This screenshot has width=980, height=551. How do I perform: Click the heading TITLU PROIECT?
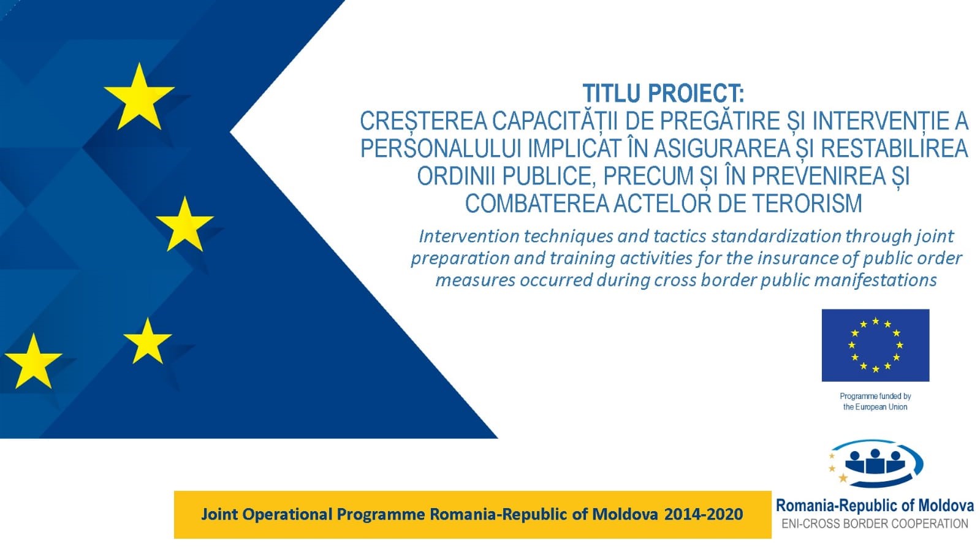(663, 93)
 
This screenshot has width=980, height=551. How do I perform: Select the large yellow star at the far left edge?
(33, 362)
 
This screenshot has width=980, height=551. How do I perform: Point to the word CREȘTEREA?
(424, 121)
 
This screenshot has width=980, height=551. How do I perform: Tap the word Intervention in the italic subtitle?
(469, 237)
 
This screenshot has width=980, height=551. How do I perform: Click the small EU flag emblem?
(875, 345)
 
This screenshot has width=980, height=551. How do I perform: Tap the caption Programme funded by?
(875, 396)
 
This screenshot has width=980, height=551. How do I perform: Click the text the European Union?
(875, 407)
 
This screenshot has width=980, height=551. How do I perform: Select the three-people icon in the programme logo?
(875, 462)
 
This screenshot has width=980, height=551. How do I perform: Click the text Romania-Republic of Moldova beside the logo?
(875, 506)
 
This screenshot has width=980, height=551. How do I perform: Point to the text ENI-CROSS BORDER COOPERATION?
(875, 523)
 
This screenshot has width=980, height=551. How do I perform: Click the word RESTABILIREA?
(894, 148)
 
